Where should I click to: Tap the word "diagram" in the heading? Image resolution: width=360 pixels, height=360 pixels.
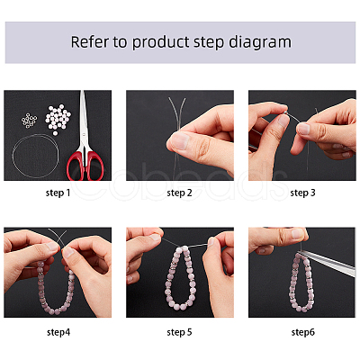click(260, 42)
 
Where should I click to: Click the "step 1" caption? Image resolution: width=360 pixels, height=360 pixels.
click(58, 193)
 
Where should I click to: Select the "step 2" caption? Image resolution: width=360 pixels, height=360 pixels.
click(179, 193)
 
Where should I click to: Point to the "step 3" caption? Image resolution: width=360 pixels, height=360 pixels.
click(302, 193)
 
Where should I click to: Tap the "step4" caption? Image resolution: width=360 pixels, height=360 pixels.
click(58, 332)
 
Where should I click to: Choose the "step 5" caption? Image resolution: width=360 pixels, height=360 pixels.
click(179, 332)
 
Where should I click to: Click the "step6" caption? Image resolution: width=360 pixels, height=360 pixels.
click(303, 332)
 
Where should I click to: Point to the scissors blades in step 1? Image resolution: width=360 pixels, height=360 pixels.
click(84, 120)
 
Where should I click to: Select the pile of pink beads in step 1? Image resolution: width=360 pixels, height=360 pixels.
click(58, 119)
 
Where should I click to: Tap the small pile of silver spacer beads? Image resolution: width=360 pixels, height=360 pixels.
click(29, 120)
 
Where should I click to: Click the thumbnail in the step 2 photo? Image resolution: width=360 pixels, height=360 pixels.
click(179, 141)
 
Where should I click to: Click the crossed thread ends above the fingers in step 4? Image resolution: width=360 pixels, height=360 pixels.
click(59, 237)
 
